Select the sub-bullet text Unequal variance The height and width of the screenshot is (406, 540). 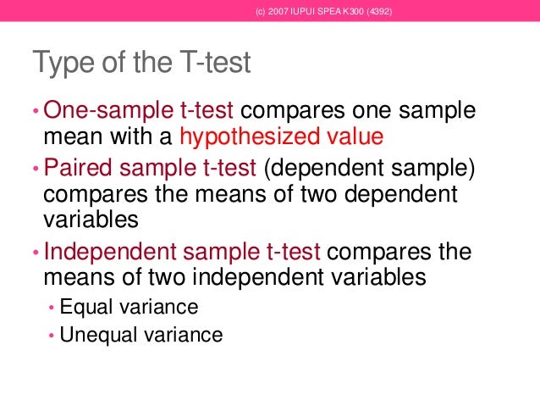[141, 335]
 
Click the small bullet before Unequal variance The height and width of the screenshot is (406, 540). [52, 336]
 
